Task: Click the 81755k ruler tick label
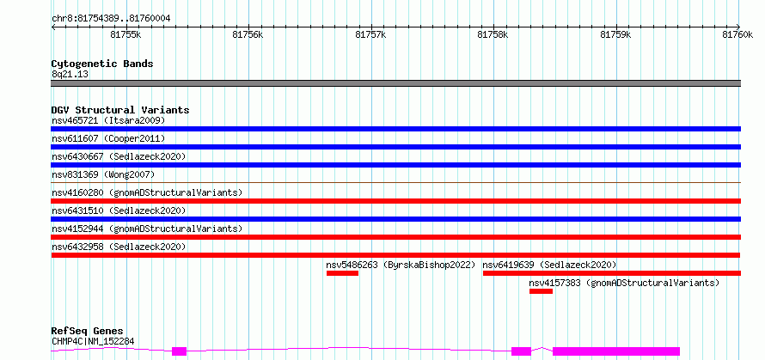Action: pyautogui.click(x=125, y=34)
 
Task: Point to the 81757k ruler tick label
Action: pyautogui.click(x=371, y=34)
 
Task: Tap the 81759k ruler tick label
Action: pyautogui.click(x=615, y=34)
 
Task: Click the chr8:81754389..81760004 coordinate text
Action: pyautogui.click(x=111, y=19)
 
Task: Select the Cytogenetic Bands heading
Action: pyautogui.click(x=102, y=64)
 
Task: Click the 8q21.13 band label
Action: pyautogui.click(x=70, y=75)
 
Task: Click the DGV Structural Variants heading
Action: pyautogui.click(x=120, y=110)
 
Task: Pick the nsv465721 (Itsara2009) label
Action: pyautogui.click(x=108, y=120)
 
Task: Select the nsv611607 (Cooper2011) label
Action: pyautogui.click(x=108, y=138)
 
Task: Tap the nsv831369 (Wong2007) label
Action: pyautogui.click(x=103, y=174)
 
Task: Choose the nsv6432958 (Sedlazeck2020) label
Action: pyautogui.click(x=119, y=247)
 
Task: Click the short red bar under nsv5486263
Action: pyautogui.click(x=342, y=273)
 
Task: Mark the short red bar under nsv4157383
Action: pyautogui.click(x=541, y=291)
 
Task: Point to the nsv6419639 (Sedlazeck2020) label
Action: pyautogui.click(x=550, y=265)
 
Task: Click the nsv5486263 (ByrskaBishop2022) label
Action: pyautogui.click(x=401, y=265)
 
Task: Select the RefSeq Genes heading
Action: pyautogui.click(x=88, y=332)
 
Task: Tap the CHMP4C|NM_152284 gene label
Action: pyautogui.click(x=93, y=341)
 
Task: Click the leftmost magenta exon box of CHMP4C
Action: pyautogui.click(x=179, y=351)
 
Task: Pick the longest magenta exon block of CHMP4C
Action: pyautogui.click(x=616, y=351)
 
